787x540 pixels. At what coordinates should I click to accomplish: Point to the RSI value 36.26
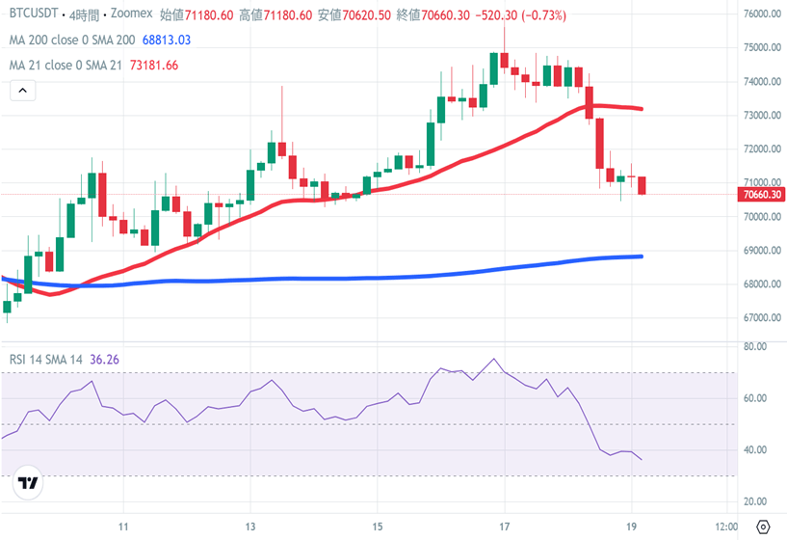(105, 360)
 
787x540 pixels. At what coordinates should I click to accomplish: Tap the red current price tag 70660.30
(762, 195)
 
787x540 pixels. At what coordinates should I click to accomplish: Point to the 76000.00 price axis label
(762, 14)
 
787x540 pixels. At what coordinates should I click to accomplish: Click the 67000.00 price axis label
(762, 318)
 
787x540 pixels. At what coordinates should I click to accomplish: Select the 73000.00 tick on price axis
(762, 116)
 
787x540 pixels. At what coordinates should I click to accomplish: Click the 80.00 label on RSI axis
(755, 346)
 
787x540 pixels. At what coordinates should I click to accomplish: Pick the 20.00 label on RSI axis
(755, 502)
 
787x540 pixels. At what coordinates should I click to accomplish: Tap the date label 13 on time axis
(250, 526)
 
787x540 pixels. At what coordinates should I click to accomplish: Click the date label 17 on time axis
(504, 526)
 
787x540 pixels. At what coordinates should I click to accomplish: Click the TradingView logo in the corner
(28, 483)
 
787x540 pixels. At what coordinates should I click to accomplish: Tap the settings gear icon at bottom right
(764, 526)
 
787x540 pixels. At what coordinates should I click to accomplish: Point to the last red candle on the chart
(643, 185)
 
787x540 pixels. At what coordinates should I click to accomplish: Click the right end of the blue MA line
(641, 256)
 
